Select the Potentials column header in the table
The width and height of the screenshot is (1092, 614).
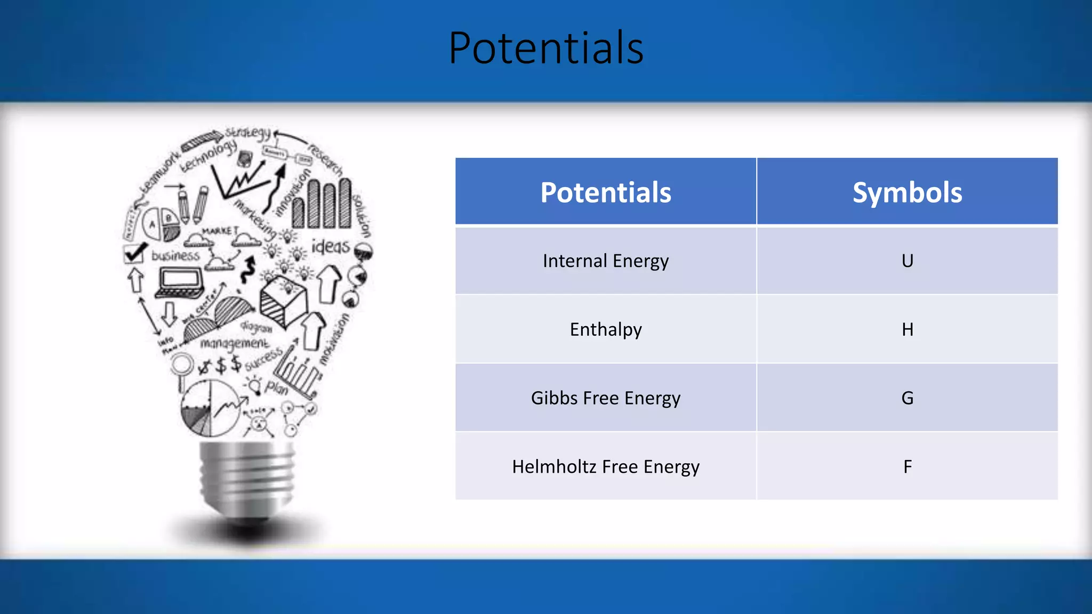point(606,192)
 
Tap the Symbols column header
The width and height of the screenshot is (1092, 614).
point(907,192)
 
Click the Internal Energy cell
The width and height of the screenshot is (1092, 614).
point(606,261)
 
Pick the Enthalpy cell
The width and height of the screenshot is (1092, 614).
point(606,329)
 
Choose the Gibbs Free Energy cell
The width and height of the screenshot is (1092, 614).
point(606,398)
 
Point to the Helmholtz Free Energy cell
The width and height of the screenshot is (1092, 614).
point(606,467)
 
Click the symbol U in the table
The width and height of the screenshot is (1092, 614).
point(907,261)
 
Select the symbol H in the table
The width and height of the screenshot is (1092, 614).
point(907,329)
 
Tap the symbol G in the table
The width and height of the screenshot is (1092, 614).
point(907,398)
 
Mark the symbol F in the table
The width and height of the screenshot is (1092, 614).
point(907,467)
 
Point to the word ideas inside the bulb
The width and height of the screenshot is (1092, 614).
point(331,247)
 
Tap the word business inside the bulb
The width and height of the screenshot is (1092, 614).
point(175,256)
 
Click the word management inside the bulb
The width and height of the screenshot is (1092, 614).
point(235,344)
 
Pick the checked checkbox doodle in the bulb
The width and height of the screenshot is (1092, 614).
point(134,253)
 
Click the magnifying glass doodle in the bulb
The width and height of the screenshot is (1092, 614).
point(182,367)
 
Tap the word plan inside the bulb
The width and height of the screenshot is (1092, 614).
point(277,387)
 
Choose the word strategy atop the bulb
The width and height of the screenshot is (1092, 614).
point(247,133)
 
